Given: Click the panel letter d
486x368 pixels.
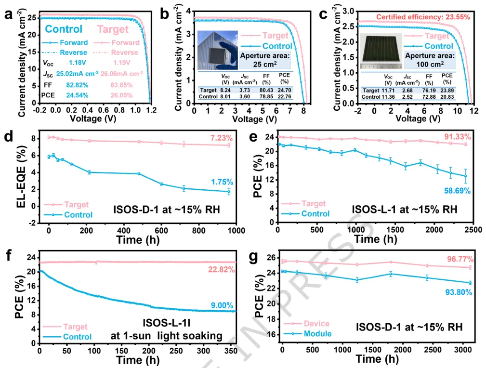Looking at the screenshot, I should [8, 137].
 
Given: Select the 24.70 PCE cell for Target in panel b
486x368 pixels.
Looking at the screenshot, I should [284, 90].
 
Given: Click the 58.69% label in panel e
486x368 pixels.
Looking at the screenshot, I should [457, 191].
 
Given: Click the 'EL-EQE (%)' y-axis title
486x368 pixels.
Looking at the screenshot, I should [22, 178].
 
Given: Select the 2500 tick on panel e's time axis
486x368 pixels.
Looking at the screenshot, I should [473, 229].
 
